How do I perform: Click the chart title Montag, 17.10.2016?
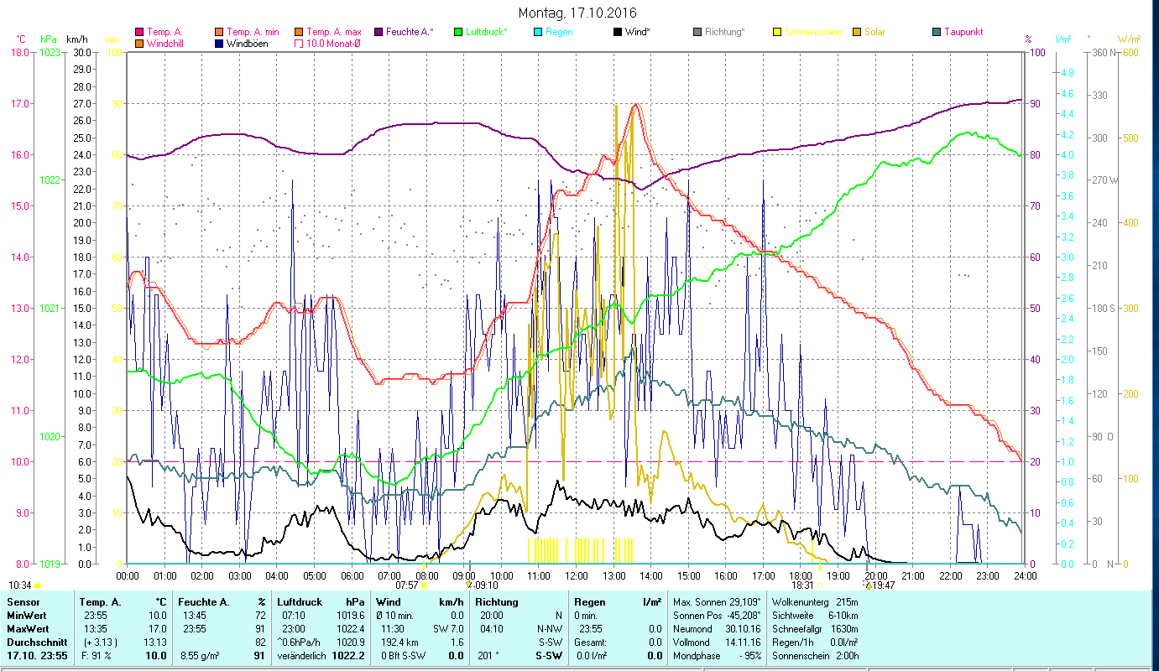pyautogui.click(x=577, y=13)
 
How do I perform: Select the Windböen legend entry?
pyautogui.click(x=247, y=43)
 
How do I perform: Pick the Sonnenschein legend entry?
pyautogui.click(x=819, y=32)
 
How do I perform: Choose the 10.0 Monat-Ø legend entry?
pyautogui.click(x=333, y=43)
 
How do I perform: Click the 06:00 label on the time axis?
pyautogui.click(x=352, y=575)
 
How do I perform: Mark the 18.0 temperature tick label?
pyautogui.click(x=19, y=52)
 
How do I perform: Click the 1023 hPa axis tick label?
pyautogui.click(x=50, y=52)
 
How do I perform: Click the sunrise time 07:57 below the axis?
pyautogui.click(x=406, y=585)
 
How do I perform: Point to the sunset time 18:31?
pyautogui.click(x=803, y=585)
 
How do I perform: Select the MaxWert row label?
pyautogui.click(x=27, y=628)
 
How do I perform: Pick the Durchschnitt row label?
pyautogui.click(x=34, y=642)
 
